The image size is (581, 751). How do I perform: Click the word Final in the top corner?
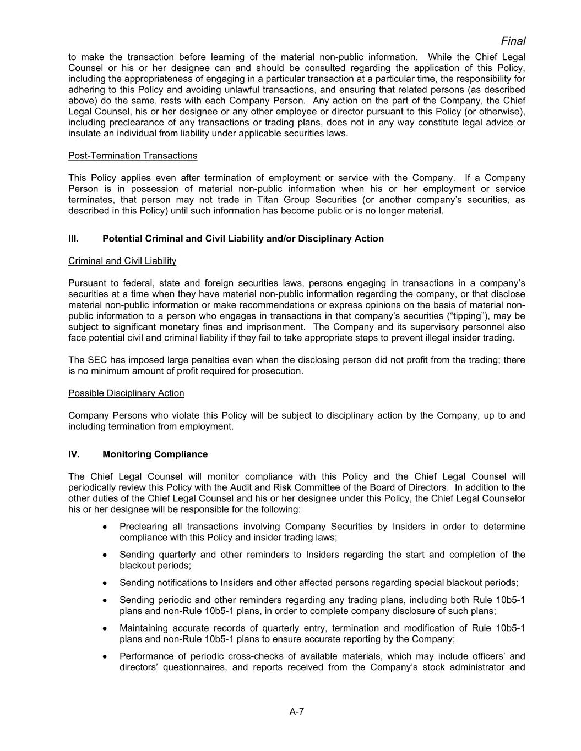(x=513, y=41)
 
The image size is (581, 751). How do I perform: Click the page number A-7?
(x=297, y=711)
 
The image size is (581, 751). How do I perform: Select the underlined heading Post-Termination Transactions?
(x=133, y=156)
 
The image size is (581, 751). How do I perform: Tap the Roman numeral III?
(x=73, y=239)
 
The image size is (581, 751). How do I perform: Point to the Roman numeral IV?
(x=74, y=454)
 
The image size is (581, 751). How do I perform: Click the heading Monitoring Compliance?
(x=155, y=454)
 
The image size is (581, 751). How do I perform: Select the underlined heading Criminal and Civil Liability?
(x=122, y=261)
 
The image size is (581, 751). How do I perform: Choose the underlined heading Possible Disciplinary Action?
(x=126, y=393)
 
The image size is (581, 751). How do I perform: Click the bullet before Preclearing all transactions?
(x=105, y=527)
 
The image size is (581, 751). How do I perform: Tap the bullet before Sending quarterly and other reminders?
(x=105, y=555)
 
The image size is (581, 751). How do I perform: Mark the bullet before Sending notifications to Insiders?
(x=105, y=583)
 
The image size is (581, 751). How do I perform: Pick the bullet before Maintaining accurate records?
(x=105, y=628)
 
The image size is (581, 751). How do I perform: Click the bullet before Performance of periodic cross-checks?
(x=105, y=656)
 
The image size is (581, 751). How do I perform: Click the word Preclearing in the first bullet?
(x=144, y=527)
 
